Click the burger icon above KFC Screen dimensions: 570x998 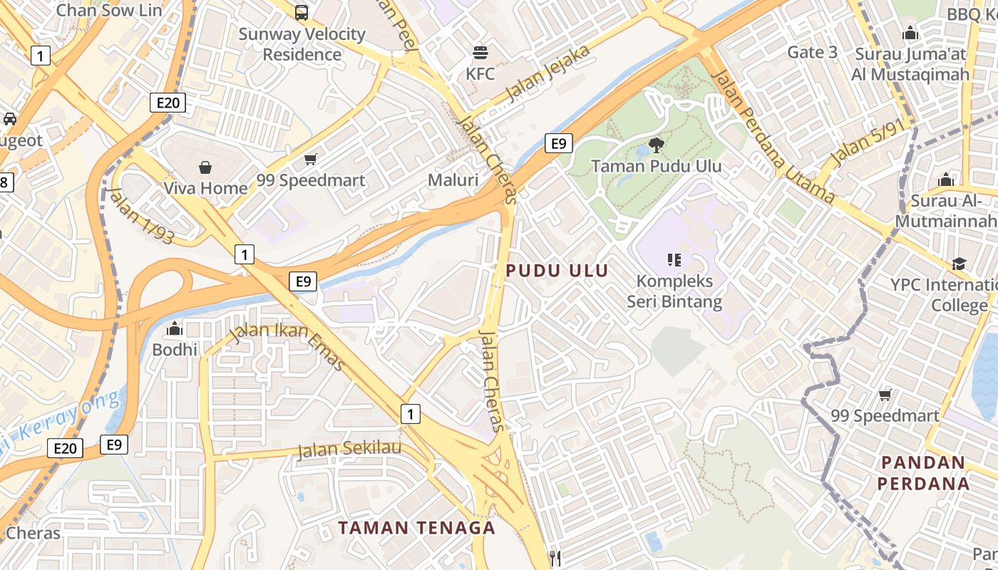click(x=480, y=52)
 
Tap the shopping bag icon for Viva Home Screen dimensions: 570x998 click(x=205, y=167)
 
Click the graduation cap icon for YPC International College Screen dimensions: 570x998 click(x=959, y=264)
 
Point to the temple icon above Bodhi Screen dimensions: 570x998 click(x=175, y=329)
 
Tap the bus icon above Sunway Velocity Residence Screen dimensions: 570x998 click(x=302, y=12)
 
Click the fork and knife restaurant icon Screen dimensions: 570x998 click(x=556, y=559)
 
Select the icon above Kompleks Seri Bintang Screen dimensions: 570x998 click(x=674, y=259)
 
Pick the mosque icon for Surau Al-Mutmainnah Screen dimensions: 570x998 click(x=946, y=180)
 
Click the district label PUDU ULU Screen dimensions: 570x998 click(x=557, y=271)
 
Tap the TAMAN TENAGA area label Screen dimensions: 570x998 click(x=416, y=528)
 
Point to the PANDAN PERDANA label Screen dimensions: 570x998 click(x=923, y=473)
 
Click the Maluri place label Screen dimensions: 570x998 click(x=453, y=180)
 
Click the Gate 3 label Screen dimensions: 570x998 click(x=813, y=52)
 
